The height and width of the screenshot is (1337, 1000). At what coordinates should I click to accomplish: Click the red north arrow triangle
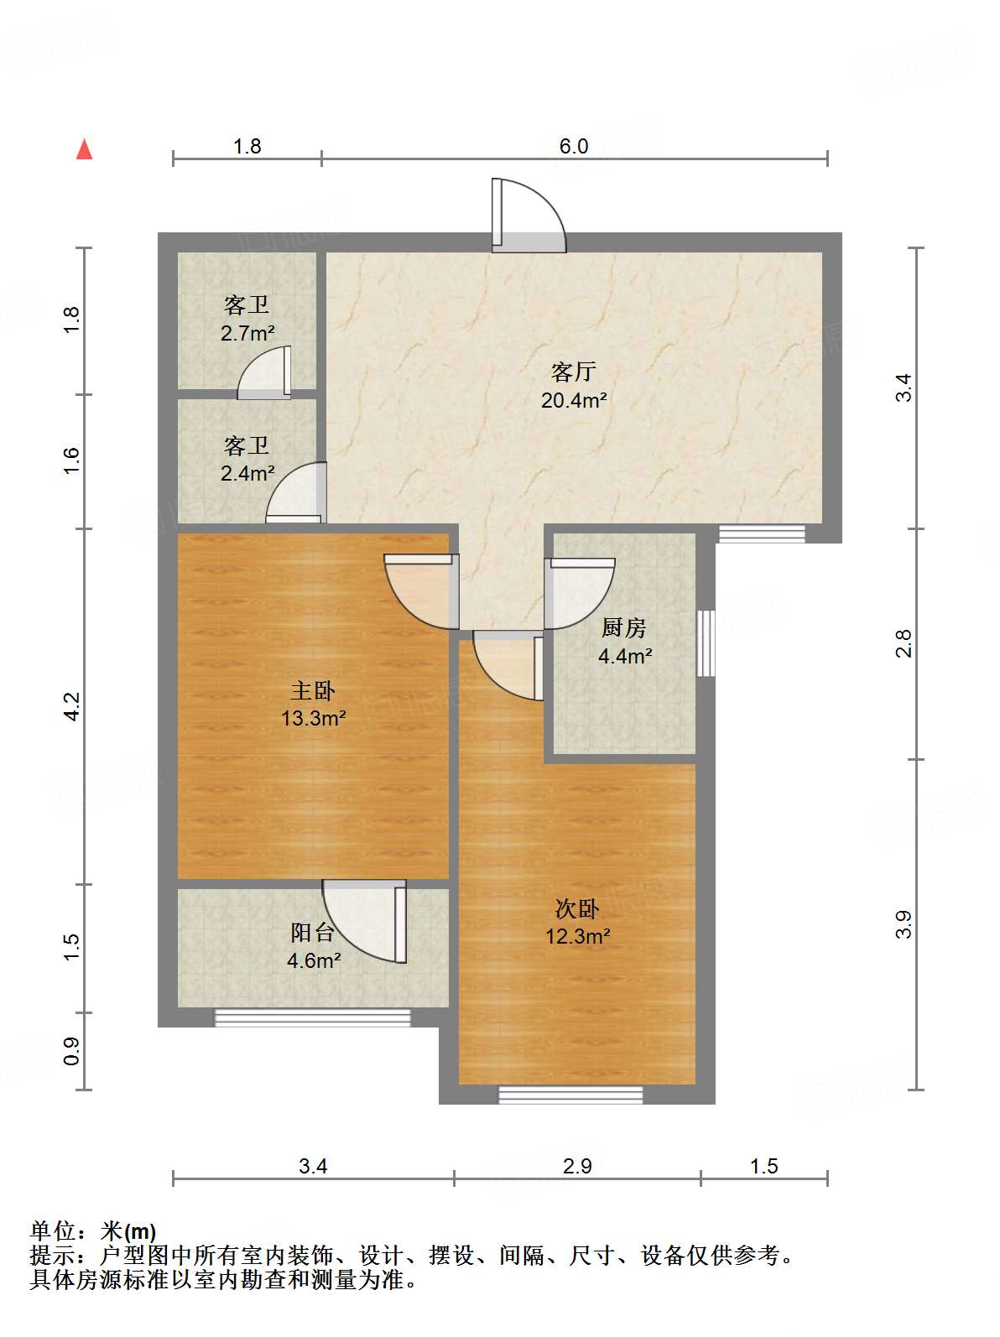(84, 150)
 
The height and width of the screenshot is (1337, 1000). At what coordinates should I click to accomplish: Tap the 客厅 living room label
(573, 372)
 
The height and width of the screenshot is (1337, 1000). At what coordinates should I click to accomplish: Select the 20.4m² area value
(574, 400)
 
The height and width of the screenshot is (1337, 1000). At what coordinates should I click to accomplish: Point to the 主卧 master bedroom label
(313, 691)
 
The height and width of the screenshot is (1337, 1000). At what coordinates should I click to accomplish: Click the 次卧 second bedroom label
(577, 909)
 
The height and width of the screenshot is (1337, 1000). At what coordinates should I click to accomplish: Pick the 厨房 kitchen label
(623, 627)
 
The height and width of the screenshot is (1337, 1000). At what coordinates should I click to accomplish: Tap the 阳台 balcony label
(312, 933)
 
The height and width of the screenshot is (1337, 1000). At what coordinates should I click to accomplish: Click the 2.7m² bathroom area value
(247, 333)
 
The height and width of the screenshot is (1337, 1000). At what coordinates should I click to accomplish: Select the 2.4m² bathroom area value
(247, 473)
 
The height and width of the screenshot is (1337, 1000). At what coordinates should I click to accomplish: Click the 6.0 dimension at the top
(574, 146)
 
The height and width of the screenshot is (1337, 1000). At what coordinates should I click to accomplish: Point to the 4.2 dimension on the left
(71, 706)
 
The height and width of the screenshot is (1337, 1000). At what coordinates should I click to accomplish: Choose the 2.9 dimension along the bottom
(577, 1166)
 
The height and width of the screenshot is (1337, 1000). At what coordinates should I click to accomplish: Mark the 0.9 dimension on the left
(71, 1051)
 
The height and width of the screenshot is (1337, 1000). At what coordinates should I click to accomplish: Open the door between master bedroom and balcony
(364, 921)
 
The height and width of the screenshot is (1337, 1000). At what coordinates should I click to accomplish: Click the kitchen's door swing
(579, 593)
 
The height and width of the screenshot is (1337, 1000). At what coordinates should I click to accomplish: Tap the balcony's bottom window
(312, 1017)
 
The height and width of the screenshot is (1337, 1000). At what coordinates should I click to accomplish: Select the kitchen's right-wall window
(706, 643)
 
